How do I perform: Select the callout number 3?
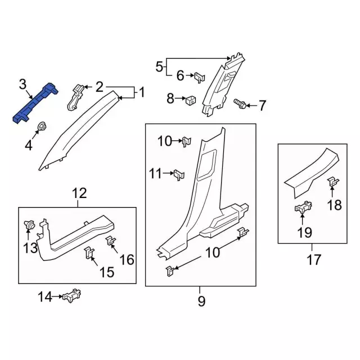coord(22,84)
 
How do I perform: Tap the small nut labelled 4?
coord(42,126)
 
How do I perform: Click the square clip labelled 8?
coord(190,100)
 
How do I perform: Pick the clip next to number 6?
coord(200,78)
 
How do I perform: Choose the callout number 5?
coord(159,66)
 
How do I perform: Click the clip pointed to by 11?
coord(179,175)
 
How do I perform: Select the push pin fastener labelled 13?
coord(29,224)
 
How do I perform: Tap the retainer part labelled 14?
coord(71,296)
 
